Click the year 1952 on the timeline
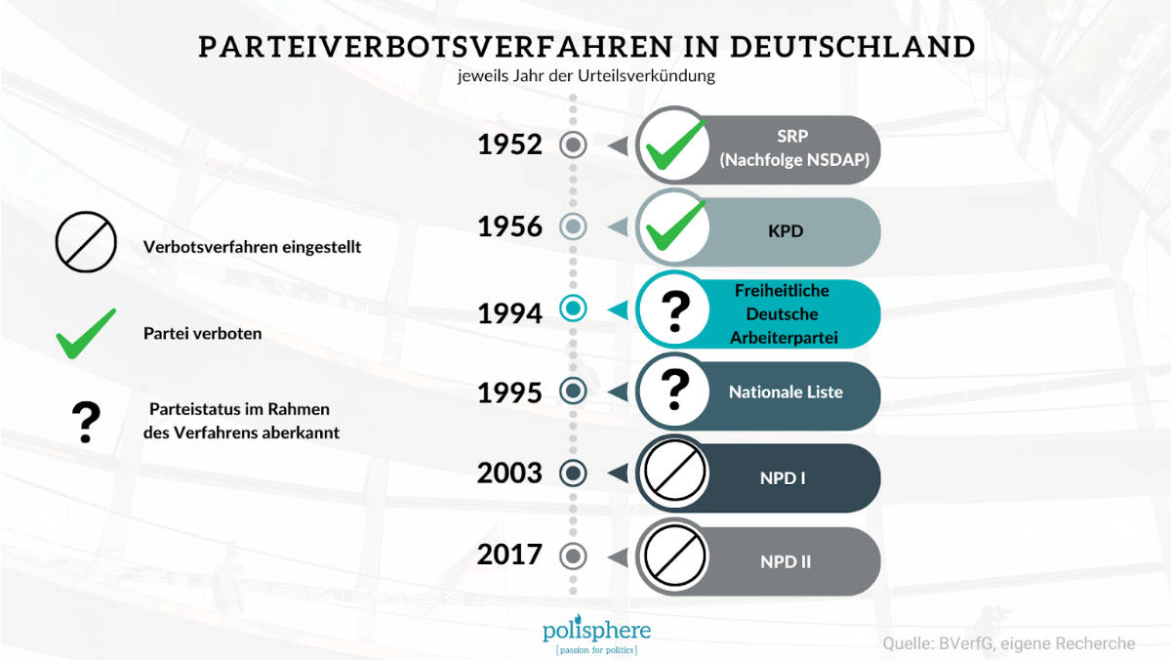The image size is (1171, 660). [509, 144]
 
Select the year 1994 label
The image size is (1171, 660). [509, 313]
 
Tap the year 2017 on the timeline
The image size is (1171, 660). [509, 555]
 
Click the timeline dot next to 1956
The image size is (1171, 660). [573, 227]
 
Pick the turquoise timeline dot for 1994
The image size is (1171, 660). [573, 309]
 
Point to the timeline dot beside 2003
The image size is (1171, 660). [573, 474]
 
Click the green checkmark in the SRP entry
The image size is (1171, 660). [676, 145]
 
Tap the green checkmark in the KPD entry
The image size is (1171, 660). [676, 226]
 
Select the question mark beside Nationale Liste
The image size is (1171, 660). [675, 390]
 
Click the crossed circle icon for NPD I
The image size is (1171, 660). [675, 471]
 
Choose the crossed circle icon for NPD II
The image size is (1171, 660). [675, 556]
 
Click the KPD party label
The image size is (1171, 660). [786, 231]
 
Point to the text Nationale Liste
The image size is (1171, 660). [786, 392]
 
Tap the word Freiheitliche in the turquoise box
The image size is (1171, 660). [782, 290]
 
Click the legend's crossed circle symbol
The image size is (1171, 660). [86, 241]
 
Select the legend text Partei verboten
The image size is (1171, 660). [202, 334]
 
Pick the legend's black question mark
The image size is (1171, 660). [86, 422]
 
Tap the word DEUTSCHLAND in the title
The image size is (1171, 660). [853, 47]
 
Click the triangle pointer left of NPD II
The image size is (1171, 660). [618, 557]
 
